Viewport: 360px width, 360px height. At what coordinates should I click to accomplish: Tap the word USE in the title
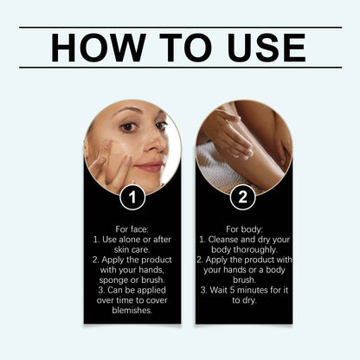click(x=260, y=48)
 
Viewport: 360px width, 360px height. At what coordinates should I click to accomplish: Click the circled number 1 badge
click(x=132, y=197)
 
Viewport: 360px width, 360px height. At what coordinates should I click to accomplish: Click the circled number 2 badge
click(x=242, y=197)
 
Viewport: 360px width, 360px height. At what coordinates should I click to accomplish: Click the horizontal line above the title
click(x=180, y=28)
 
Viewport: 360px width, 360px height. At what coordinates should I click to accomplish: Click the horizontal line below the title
click(x=180, y=67)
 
